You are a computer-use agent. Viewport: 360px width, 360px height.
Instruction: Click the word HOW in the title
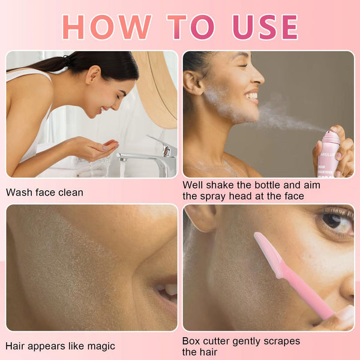[x=106, y=27]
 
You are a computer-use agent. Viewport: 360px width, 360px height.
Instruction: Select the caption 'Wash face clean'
[x=44, y=193]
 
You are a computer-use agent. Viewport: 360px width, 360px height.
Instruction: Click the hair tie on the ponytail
[x=67, y=60]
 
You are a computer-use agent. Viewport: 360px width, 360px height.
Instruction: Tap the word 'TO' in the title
[x=191, y=27]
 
